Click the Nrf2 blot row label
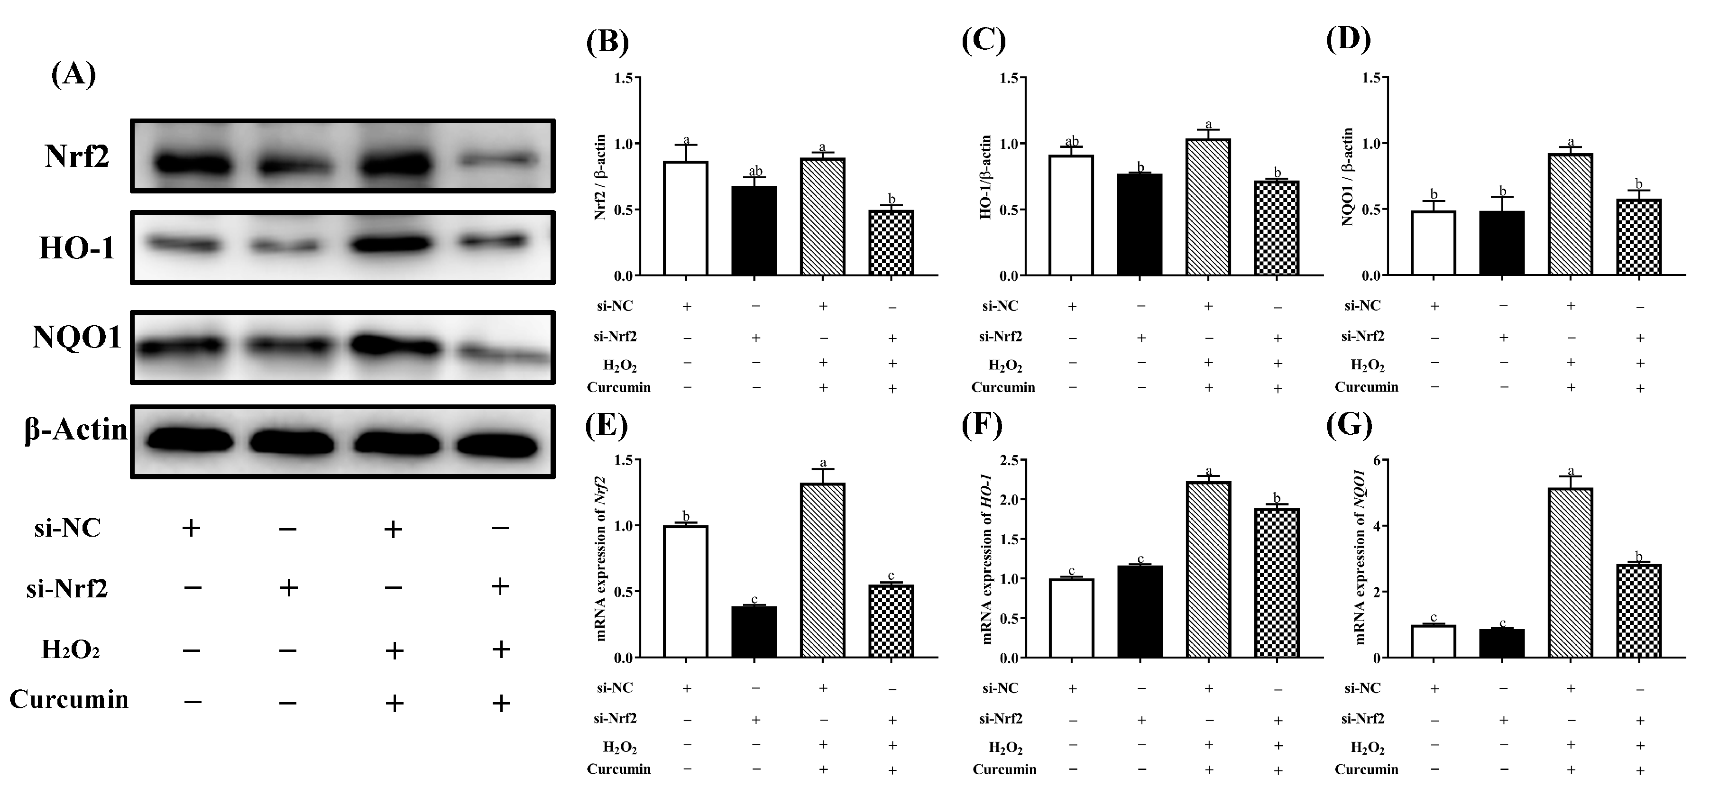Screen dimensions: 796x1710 pos(77,156)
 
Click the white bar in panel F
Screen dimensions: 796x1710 pos(1071,618)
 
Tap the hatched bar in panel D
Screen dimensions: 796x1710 pos(1570,214)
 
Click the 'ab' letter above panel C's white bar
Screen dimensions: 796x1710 pos(1071,141)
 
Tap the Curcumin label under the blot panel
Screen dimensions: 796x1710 pos(69,700)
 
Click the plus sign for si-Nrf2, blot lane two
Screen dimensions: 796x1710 pos(288,587)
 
